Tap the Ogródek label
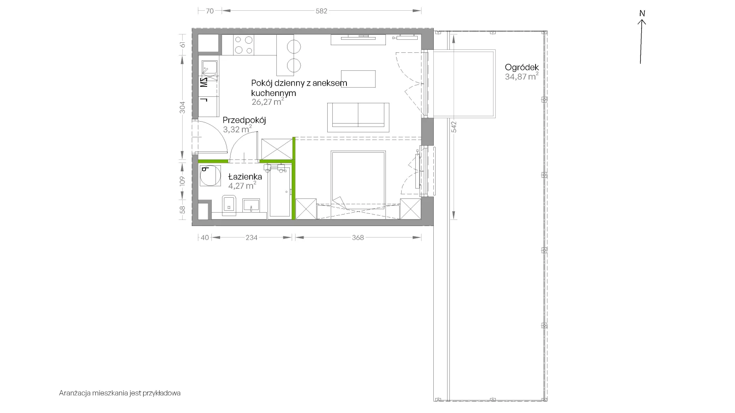pos(522,67)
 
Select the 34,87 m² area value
pos(522,76)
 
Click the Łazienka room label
pos(245,177)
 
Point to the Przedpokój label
pos(244,120)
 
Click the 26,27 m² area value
pos(268,102)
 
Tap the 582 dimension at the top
pos(322,11)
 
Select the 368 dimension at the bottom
pos(358,237)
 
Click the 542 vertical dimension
pos(454,127)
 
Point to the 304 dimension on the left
pos(183,107)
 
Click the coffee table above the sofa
pos(358,79)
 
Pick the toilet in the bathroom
pos(229,205)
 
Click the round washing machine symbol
pos(210,176)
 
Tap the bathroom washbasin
pos(251,205)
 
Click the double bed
pos(358,180)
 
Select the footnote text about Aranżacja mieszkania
pos(120,393)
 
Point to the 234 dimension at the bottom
pos(252,237)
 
